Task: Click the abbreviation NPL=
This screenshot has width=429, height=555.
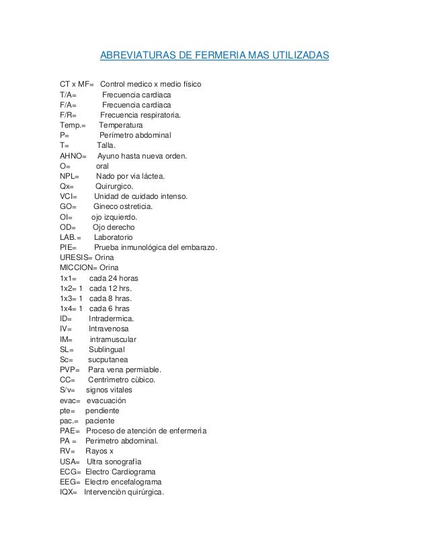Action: coord(70,177)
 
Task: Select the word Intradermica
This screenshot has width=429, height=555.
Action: coord(111,318)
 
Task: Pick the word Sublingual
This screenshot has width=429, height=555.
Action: coord(106,349)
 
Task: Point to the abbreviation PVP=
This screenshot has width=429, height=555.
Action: coord(70,370)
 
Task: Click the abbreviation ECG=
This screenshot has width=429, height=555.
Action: coord(71,472)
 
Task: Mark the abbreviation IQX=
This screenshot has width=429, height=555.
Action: coord(69,492)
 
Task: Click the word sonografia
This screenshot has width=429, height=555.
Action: coord(124,462)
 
